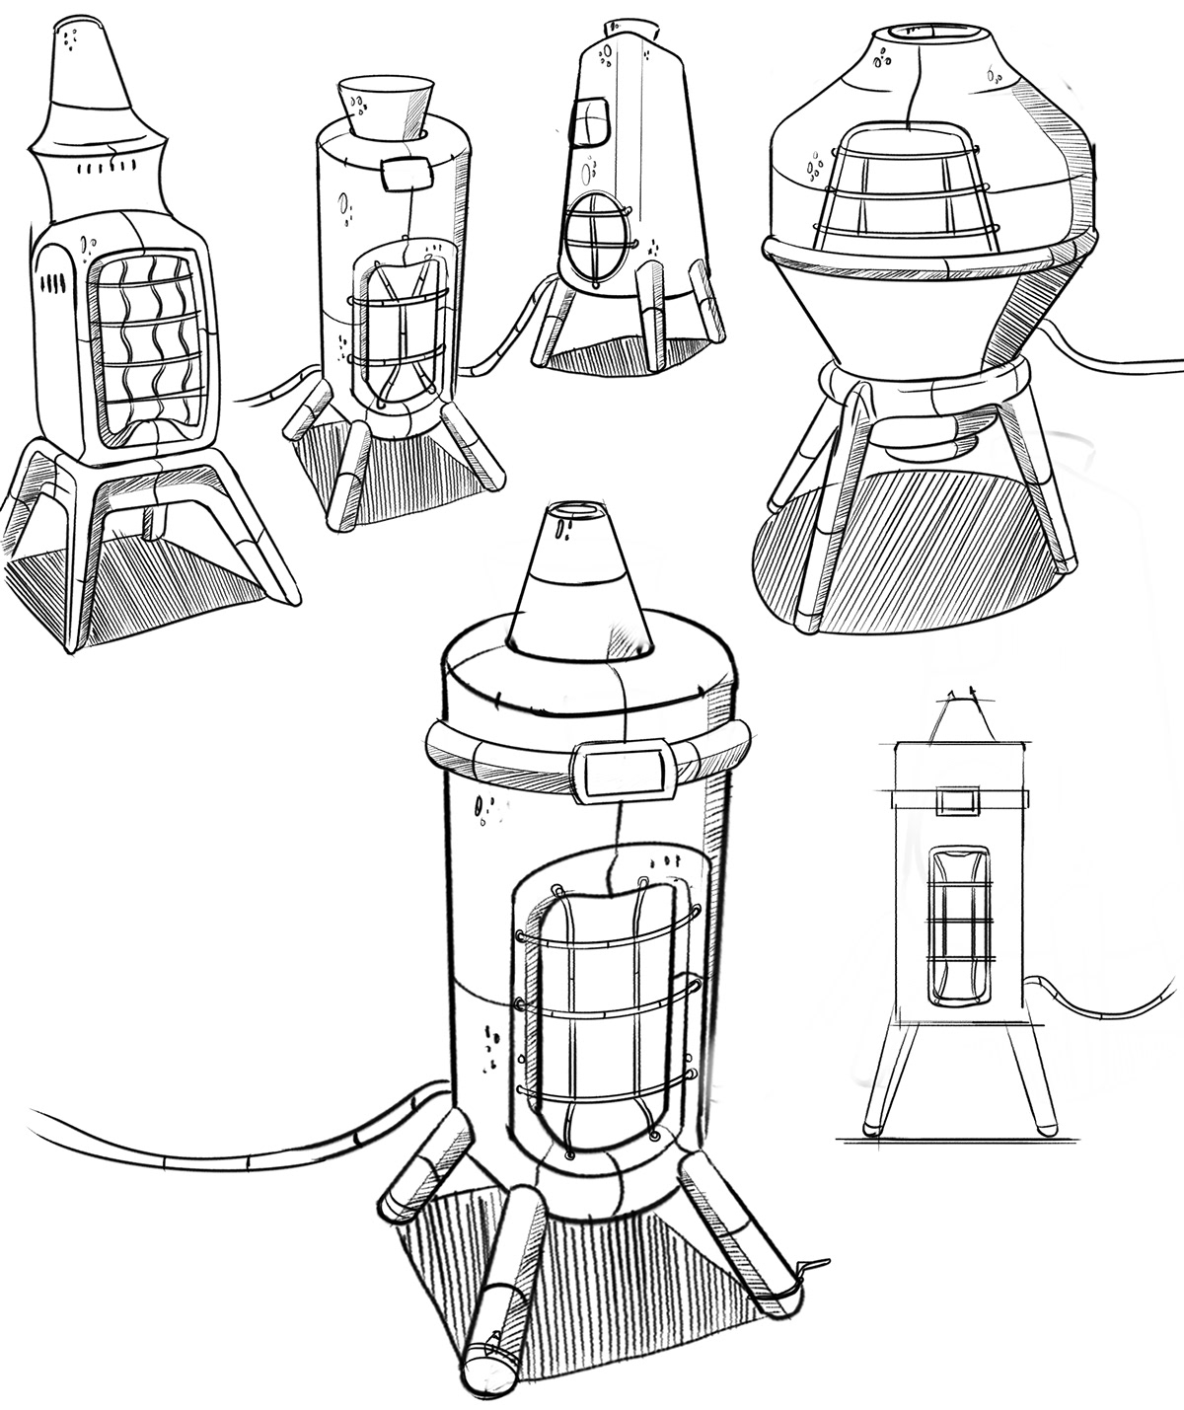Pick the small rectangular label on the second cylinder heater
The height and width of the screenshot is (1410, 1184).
[x=407, y=176]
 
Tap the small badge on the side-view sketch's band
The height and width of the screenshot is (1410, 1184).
[x=958, y=799]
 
